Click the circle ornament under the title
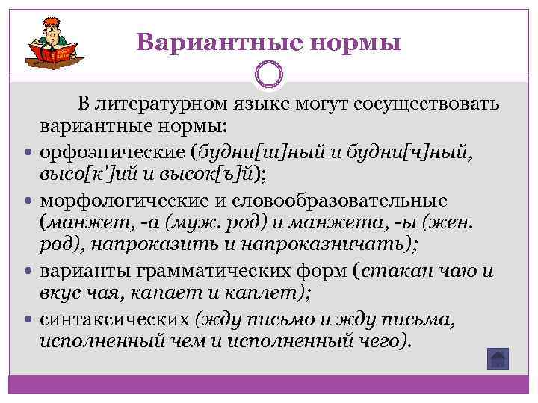pyautogui.click(x=269, y=76)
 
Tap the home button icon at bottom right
pyautogui.click(x=497, y=359)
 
